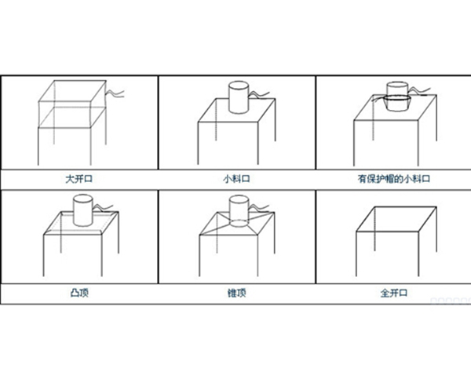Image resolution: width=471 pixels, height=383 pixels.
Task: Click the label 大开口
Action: [x=79, y=179]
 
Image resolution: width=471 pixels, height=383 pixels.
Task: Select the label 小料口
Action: [x=237, y=179]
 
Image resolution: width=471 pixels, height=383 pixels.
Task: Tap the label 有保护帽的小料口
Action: [x=394, y=179]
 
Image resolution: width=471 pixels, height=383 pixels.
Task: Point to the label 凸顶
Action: [x=79, y=293]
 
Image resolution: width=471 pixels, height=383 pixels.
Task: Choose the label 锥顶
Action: [x=237, y=293]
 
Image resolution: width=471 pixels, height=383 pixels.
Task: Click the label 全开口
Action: [x=394, y=293]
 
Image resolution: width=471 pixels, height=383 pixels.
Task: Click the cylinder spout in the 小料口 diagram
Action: [x=239, y=97]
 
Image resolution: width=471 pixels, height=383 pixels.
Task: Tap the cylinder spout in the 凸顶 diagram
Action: [x=83, y=210]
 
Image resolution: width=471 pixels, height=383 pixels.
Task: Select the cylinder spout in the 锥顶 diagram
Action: [x=239, y=210]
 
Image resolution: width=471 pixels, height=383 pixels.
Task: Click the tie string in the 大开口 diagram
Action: [x=115, y=93]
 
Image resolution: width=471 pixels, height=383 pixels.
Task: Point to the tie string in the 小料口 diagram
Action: [x=259, y=95]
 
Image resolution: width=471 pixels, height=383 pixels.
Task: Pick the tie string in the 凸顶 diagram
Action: [x=103, y=207]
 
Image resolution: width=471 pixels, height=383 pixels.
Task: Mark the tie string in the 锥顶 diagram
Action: [x=259, y=207]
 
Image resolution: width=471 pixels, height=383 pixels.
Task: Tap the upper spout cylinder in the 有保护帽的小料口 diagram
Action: [x=397, y=89]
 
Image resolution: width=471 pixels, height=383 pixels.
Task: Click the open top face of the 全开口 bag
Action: [x=396, y=219]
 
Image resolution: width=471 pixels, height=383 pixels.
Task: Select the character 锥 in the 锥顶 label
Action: [x=232, y=293]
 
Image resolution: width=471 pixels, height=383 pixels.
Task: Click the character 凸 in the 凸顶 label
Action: [x=75, y=293]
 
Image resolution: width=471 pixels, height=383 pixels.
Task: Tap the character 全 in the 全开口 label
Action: [x=385, y=293]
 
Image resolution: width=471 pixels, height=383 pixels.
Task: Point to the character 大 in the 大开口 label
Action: [x=70, y=179]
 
